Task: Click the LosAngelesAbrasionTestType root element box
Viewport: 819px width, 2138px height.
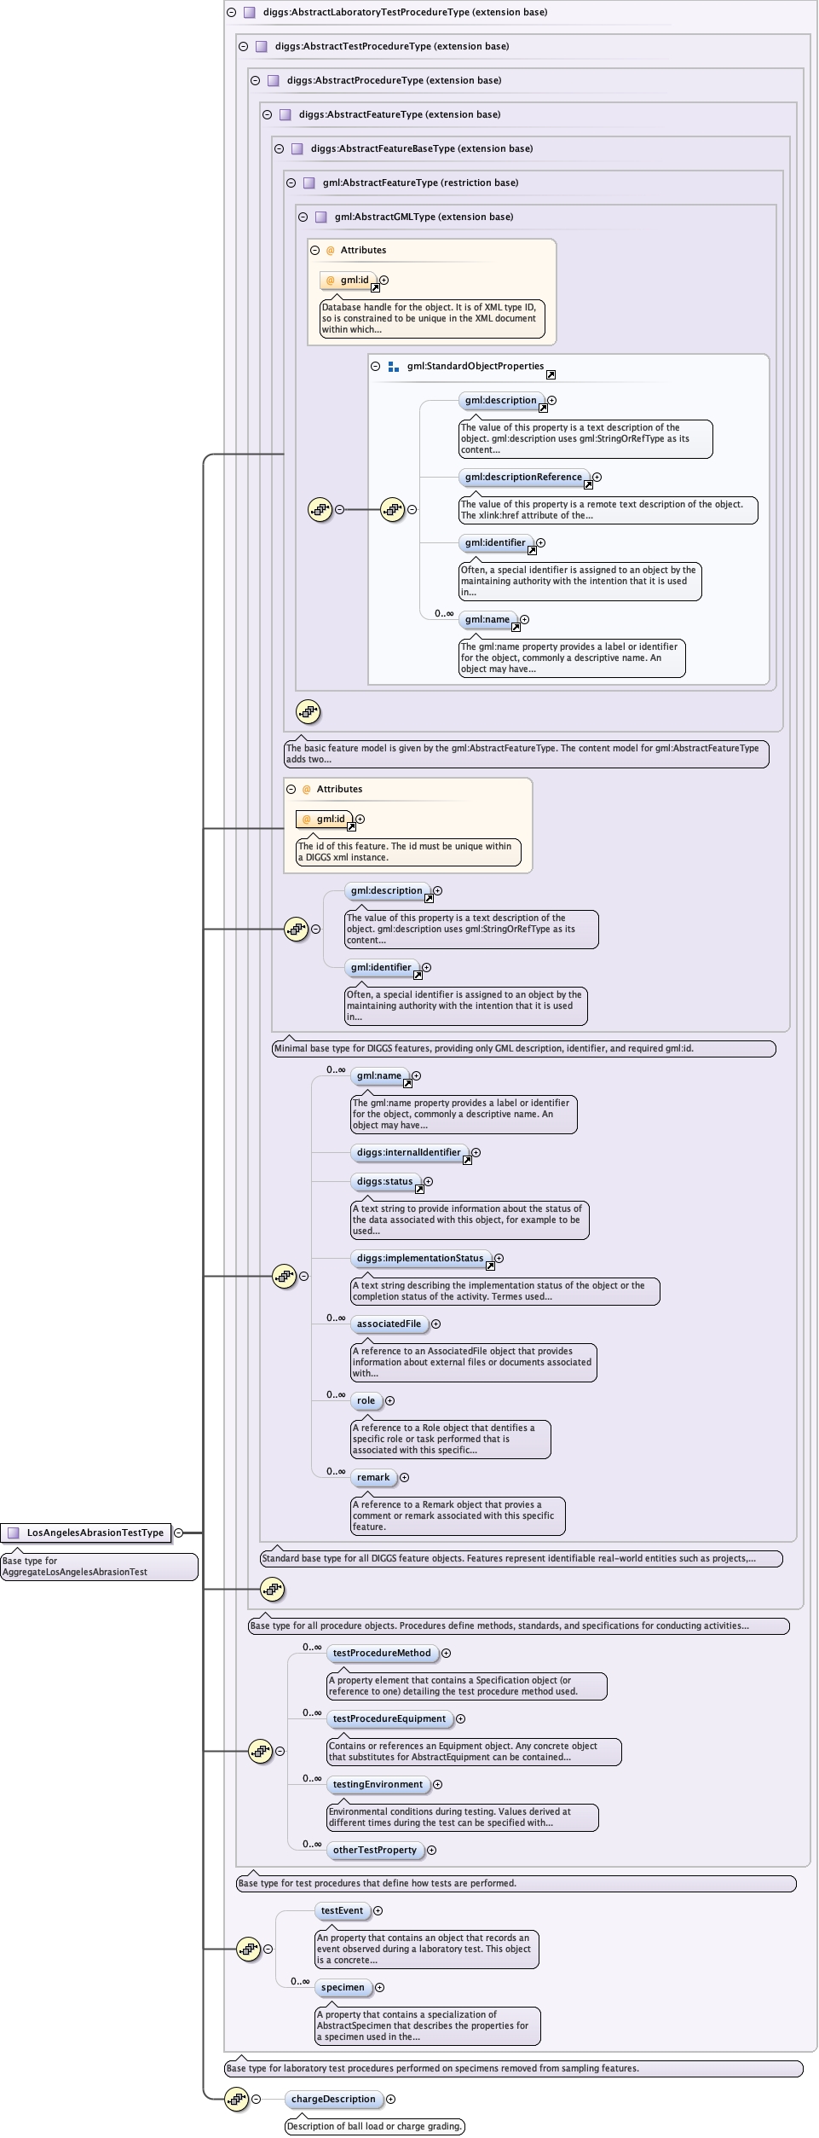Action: coord(86,1533)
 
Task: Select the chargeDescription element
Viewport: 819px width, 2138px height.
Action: coord(332,2099)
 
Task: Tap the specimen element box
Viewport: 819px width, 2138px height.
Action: coord(343,1987)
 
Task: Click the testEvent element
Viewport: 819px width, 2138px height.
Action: coord(342,1910)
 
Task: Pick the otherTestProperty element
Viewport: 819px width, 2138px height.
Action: coord(374,1850)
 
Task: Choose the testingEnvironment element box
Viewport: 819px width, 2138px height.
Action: coord(378,1784)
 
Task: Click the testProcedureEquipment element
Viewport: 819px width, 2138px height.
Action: coord(389,1718)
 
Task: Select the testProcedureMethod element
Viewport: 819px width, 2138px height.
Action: coord(382,1653)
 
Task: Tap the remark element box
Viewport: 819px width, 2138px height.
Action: coord(373,1477)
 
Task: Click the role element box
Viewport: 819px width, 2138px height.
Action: coord(366,1400)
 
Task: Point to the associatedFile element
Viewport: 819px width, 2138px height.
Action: coord(389,1324)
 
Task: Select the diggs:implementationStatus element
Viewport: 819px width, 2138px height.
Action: coord(420,1258)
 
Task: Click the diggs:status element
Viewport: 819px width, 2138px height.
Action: coord(384,1181)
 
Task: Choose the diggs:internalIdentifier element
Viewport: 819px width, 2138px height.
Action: coord(408,1152)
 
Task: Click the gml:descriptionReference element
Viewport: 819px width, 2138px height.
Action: coord(523,477)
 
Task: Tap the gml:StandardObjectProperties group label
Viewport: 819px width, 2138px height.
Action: coord(475,366)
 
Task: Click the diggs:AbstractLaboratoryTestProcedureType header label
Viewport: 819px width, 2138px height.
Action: coord(405,12)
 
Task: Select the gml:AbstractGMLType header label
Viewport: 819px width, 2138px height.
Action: coord(424,217)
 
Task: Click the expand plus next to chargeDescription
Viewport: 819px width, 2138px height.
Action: coord(390,2099)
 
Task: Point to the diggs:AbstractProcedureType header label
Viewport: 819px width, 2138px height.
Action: coord(394,80)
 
